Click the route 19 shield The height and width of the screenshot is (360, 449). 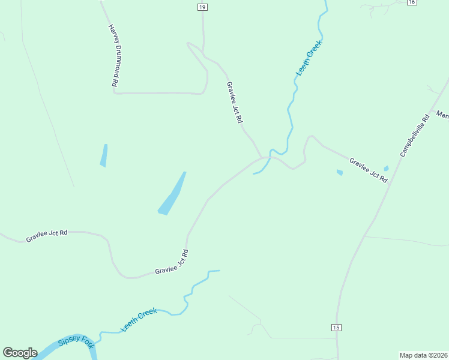pyautogui.click(x=202, y=7)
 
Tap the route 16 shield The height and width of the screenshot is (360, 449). pyautogui.click(x=411, y=2)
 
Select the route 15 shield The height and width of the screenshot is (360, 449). pyautogui.click(x=336, y=327)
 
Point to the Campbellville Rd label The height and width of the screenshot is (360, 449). pyautogui.click(x=416, y=136)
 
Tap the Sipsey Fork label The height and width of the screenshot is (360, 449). pyautogui.click(x=76, y=343)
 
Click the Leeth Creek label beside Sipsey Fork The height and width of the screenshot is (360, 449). pyautogui.click(x=139, y=319)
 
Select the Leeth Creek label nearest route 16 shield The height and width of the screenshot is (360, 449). pyautogui.click(x=309, y=58)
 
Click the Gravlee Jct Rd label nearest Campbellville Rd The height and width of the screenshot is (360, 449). pyautogui.click(x=369, y=170)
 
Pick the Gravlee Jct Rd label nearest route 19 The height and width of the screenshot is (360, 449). pyautogui.click(x=234, y=103)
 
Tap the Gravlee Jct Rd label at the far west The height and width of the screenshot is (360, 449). pyautogui.click(x=46, y=235)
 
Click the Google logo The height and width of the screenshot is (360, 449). pyautogui.click(x=20, y=353)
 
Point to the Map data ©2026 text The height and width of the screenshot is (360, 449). pyautogui.click(x=423, y=355)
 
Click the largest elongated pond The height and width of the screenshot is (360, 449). pyautogui.click(x=172, y=194)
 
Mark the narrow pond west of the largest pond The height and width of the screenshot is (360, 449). pyautogui.click(x=104, y=155)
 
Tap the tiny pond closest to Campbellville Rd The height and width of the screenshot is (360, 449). pyautogui.click(x=386, y=169)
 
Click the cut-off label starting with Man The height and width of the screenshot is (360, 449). pyautogui.click(x=442, y=114)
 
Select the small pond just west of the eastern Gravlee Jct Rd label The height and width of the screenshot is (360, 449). pyautogui.click(x=340, y=173)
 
